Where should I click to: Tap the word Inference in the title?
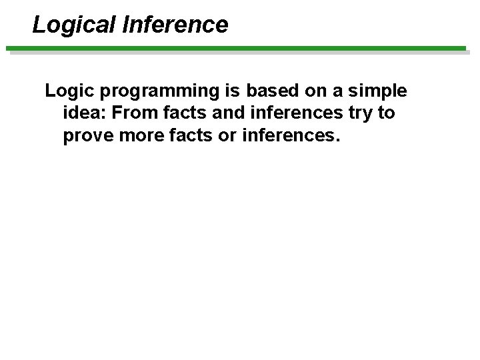pos(175,25)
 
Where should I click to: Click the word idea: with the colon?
pos(85,113)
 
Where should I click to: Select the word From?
pos(133,113)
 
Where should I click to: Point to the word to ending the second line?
pos(386,113)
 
